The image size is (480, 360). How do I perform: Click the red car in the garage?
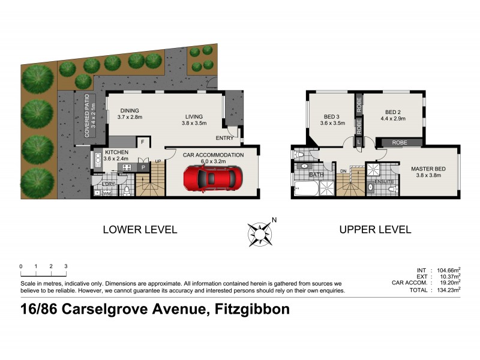pos(212,178)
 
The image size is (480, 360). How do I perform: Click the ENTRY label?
pos(224,138)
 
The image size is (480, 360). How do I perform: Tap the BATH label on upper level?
pos(316,175)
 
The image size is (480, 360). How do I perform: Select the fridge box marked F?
pos(142,142)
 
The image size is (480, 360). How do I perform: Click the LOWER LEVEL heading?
pos(140,229)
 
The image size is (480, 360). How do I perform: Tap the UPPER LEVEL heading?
pos(375,229)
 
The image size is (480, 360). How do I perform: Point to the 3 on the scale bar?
pos(66,266)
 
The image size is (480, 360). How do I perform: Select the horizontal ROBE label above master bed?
pos(400,143)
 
